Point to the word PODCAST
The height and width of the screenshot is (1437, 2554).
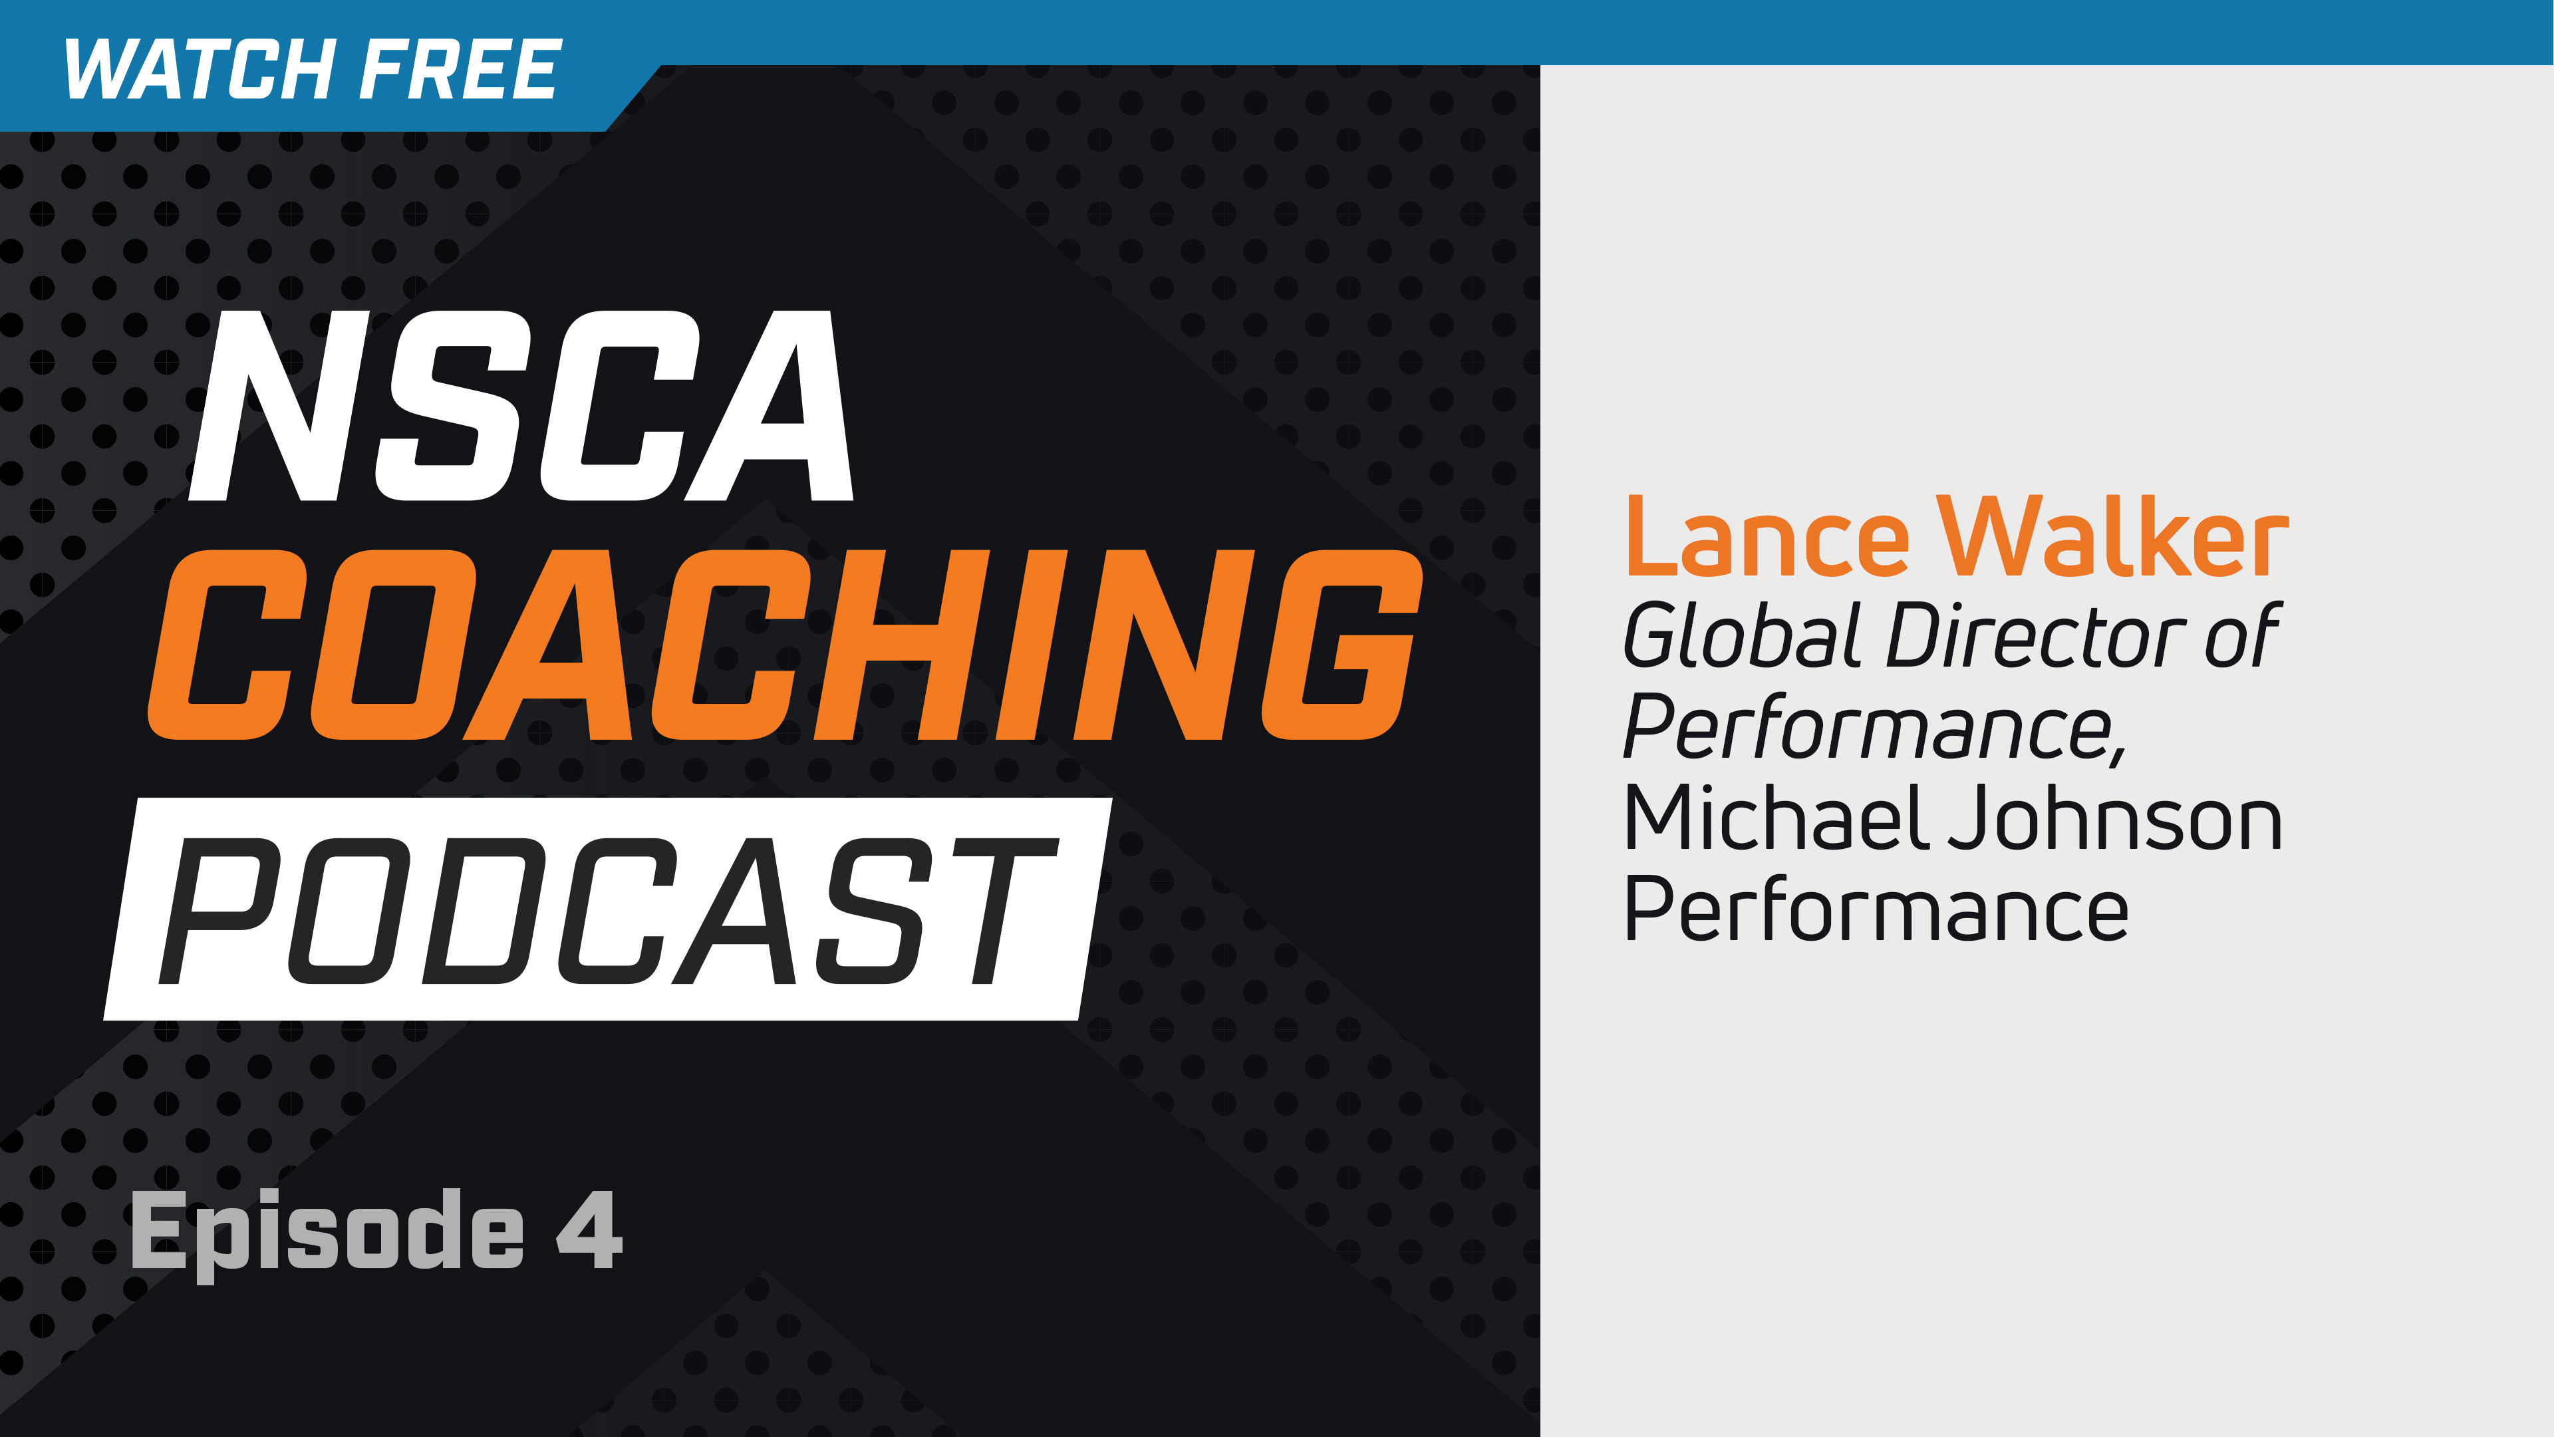607,910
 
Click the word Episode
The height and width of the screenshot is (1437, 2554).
327,1229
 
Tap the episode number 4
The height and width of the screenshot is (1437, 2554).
589,1229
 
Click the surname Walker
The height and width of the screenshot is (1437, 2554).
2112,538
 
